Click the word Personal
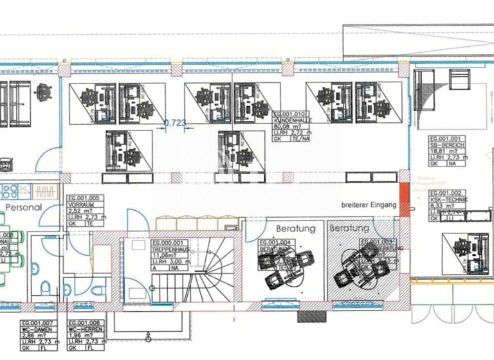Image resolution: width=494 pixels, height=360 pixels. pyautogui.click(x=23, y=208)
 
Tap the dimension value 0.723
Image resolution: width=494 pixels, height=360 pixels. pyautogui.click(x=176, y=122)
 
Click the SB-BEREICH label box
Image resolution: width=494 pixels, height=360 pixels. pyautogui.click(x=447, y=151)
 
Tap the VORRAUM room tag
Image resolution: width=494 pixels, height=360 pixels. pyautogui.click(x=84, y=210)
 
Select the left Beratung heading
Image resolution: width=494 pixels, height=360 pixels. pyautogui.click(x=296, y=228)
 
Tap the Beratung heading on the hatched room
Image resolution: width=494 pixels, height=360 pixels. pyautogui.click(x=349, y=228)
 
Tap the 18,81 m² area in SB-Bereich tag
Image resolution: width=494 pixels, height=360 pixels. pyautogui.click(x=444, y=152)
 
